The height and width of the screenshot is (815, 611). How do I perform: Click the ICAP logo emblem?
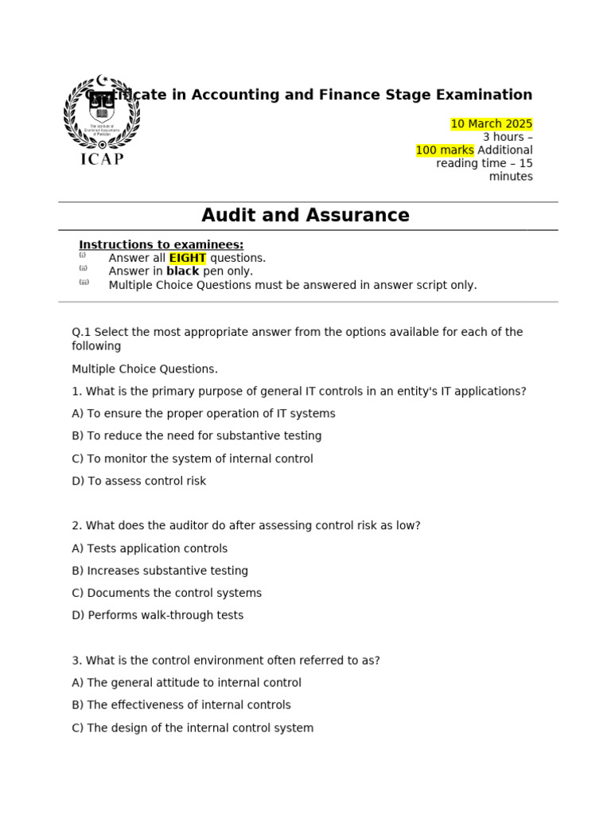pyautogui.click(x=102, y=113)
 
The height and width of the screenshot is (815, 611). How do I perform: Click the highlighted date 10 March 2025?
pyautogui.click(x=491, y=124)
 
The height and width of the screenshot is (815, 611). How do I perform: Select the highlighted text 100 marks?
pyautogui.click(x=445, y=150)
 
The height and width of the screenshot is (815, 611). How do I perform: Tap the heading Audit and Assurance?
pyautogui.click(x=305, y=216)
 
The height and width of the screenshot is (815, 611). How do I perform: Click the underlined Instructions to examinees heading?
pyautogui.click(x=161, y=244)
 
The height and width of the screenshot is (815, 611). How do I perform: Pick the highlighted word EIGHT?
pyautogui.click(x=188, y=258)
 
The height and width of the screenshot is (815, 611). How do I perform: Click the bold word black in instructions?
pyautogui.click(x=182, y=271)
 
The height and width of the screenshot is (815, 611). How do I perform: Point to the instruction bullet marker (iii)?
pyautogui.click(x=84, y=283)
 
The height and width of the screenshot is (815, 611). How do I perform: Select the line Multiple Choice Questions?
pyautogui.click(x=144, y=369)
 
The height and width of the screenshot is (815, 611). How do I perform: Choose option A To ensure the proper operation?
pyautogui.click(x=204, y=414)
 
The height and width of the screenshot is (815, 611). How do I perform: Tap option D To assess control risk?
pyautogui.click(x=138, y=481)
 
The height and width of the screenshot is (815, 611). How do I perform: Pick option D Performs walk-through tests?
pyautogui.click(x=158, y=615)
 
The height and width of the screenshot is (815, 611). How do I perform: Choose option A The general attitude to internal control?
pyautogui.click(x=186, y=683)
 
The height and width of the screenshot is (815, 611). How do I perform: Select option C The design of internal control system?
pyautogui.click(x=193, y=727)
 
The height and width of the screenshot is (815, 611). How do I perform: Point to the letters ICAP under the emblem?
pyautogui.click(x=102, y=158)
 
